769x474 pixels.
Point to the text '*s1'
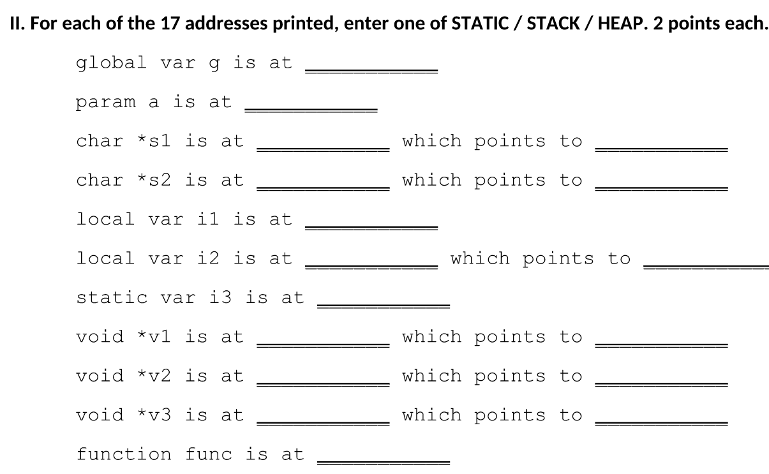click(x=155, y=141)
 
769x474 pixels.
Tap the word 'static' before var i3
click(x=112, y=297)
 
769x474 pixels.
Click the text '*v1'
click(x=155, y=336)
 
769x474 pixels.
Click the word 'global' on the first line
click(x=112, y=63)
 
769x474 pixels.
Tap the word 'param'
click(x=106, y=102)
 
